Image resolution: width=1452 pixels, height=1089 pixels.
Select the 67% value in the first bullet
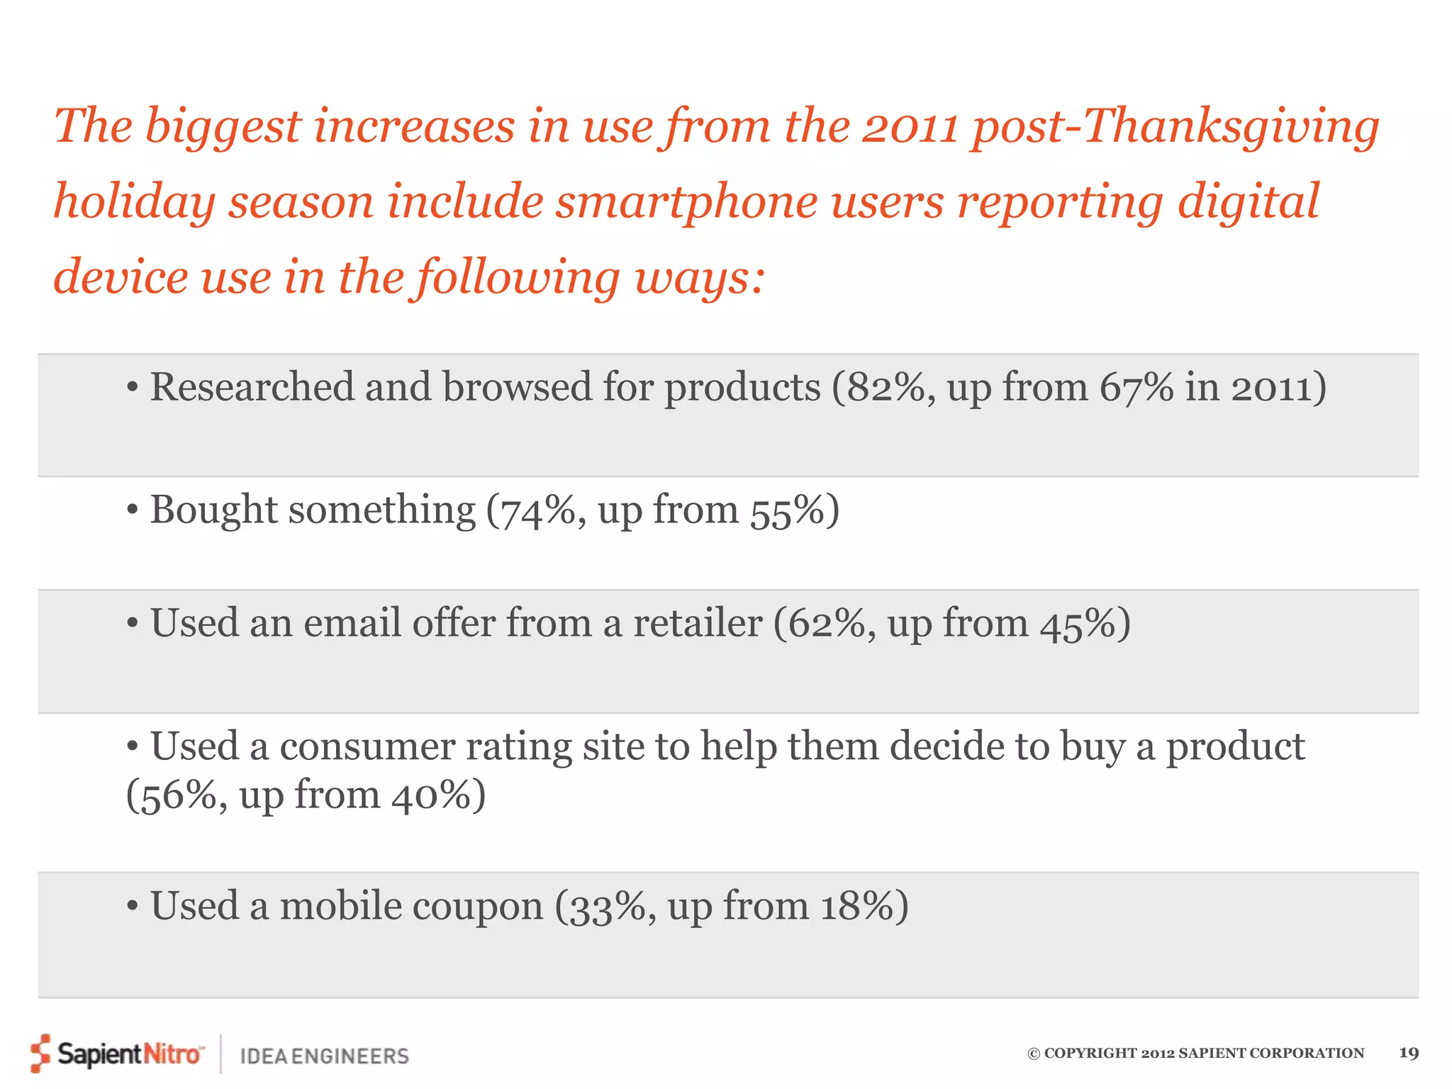[x=1137, y=388]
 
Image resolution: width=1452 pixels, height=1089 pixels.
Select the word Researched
[x=252, y=388]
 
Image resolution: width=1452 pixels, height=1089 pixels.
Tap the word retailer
[x=697, y=625]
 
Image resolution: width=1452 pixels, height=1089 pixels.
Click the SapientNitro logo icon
[x=40, y=1053]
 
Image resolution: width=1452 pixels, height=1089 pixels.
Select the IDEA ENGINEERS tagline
[x=325, y=1056]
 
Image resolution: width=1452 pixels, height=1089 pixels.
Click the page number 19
[x=1408, y=1053]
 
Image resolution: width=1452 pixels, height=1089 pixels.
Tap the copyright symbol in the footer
[x=1034, y=1054]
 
